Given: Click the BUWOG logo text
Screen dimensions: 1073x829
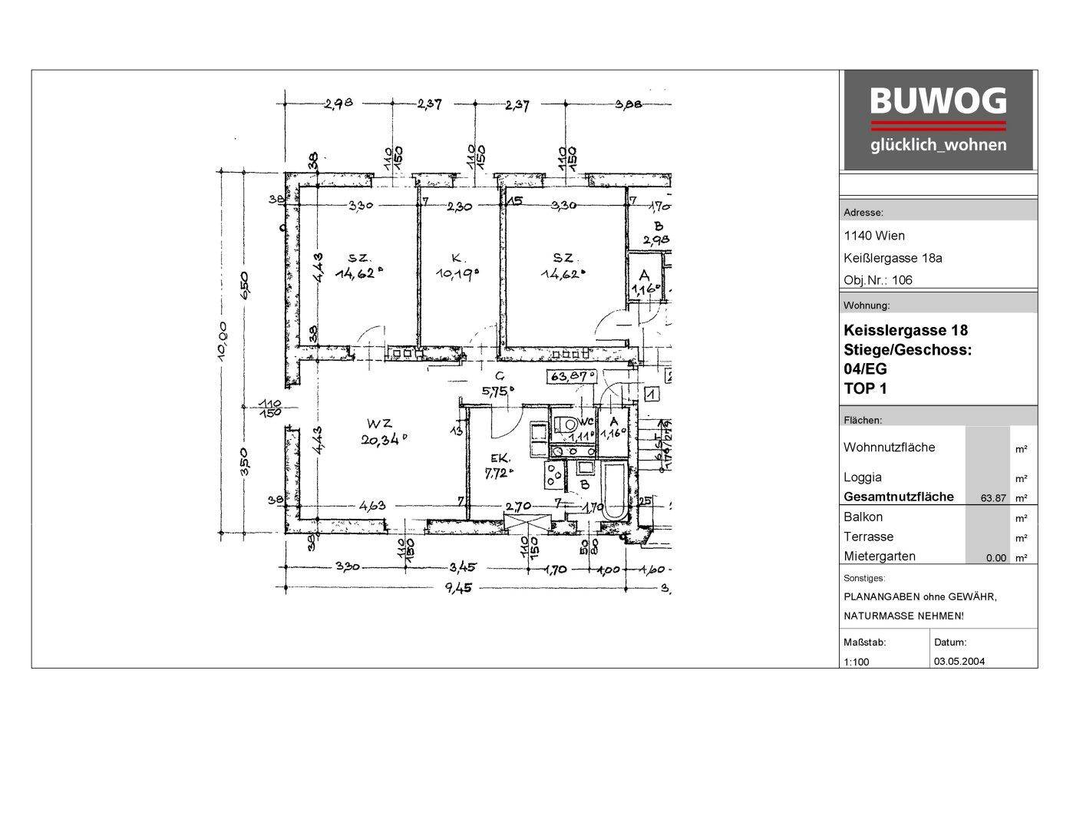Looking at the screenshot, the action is pos(938,101).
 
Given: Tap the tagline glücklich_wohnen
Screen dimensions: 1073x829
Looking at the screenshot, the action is pos(938,145).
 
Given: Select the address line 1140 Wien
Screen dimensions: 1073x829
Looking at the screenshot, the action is pos(873,236).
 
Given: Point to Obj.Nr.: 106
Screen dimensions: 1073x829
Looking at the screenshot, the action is pos(878,280).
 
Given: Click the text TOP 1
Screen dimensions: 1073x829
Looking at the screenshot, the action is pos(865,388).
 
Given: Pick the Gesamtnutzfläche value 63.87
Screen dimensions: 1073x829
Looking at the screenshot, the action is pos(993,498).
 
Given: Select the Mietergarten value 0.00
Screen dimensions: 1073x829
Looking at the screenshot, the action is pos(995,558).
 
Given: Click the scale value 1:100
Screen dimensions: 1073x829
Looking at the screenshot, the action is pos(857,662).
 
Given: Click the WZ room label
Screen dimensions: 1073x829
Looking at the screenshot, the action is pos(379,423).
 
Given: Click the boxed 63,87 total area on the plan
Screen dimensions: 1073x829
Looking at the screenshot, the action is pos(571,376).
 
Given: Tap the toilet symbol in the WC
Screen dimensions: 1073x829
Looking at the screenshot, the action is pos(569,424).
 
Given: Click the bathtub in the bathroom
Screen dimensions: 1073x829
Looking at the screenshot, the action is pos(615,491).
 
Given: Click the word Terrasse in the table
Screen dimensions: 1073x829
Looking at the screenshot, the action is pos(868,537).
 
